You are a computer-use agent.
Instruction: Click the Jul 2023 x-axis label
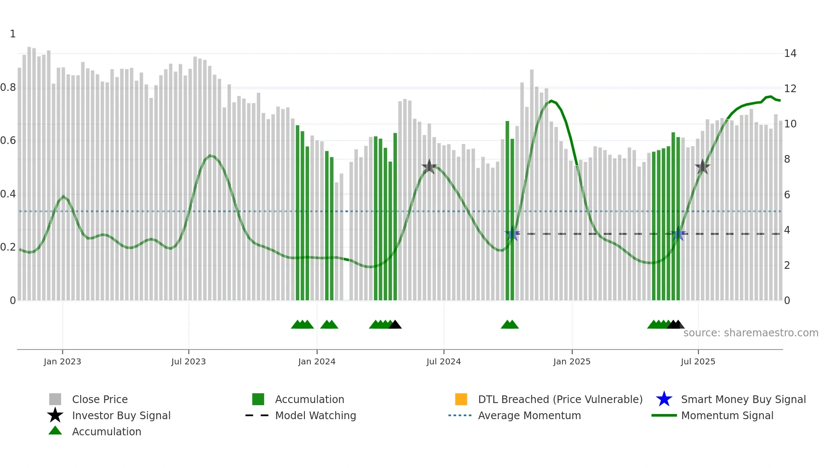click(x=188, y=361)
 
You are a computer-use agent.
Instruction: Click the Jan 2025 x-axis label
click(x=572, y=361)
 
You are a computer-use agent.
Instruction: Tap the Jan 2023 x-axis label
click(x=62, y=361)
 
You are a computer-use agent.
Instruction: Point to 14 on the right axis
click(x=790, y=54)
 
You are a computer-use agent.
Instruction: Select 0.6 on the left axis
click(x=8, y=141)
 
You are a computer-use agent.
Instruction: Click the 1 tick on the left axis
click(x=13, y=34)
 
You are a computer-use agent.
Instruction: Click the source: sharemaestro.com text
click(x=750, y=333)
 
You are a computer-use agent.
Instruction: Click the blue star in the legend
click(x=664, y=399)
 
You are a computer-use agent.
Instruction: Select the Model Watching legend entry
click(x=315, y=415)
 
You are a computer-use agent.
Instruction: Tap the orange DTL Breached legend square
click(x=461, y=399)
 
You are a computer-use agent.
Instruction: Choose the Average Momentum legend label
click(x=529, y=415)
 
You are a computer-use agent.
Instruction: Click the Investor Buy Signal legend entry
click(x=121, y=415)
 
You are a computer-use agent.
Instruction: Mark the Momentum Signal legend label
click(x=727, y=415)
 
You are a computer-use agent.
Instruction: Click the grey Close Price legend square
click(x=55, y=399)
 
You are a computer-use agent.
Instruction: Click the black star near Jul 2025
click(x=703, y=167)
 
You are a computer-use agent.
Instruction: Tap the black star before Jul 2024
click(x=429, y=166)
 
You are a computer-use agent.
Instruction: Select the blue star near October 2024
click(x=512, y=234)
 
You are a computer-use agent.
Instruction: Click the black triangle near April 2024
click(x=395, y=325)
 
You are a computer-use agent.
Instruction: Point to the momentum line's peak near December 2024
click(x=551, y=101)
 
